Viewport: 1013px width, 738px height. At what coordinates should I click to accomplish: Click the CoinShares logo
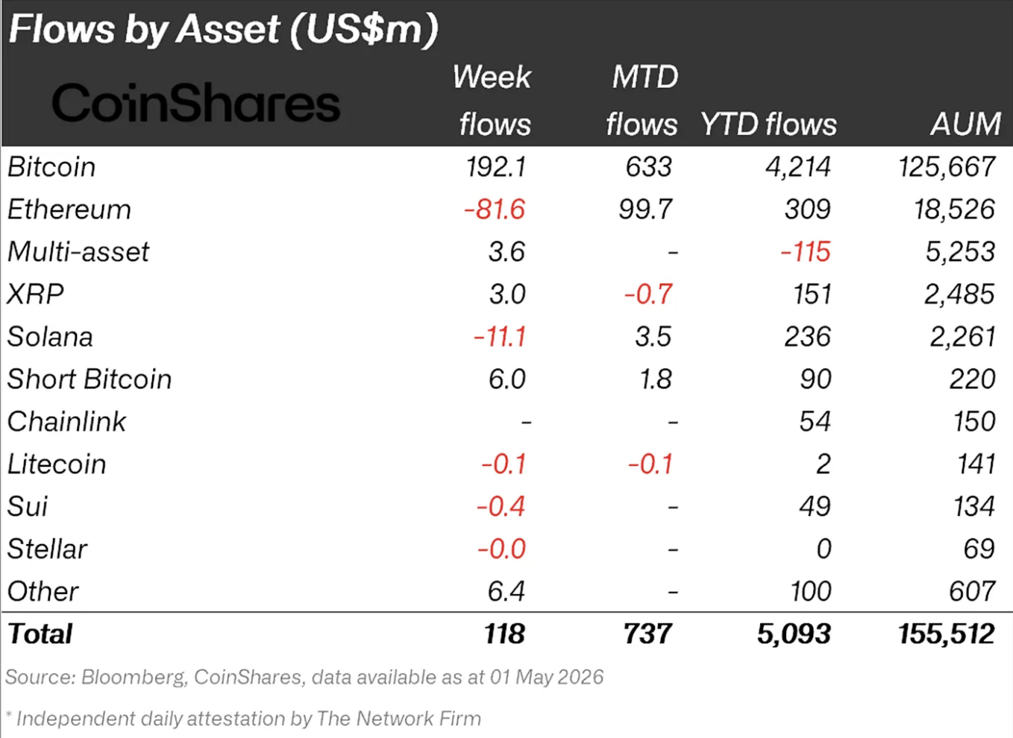click(x=196, y=103)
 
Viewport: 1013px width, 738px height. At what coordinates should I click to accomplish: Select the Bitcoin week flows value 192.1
click(x=496, y=167)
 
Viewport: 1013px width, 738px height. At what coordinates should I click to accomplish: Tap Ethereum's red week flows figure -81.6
click(x=495, y=209)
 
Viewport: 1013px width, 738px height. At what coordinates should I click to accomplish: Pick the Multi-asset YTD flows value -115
click(x=806, y=252)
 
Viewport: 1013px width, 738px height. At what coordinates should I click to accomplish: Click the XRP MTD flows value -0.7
click(x=648, y=294)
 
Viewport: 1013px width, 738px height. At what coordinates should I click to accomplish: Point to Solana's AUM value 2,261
click(x=962, y=337)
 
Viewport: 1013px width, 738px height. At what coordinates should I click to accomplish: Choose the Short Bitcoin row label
click(x=89, y=379)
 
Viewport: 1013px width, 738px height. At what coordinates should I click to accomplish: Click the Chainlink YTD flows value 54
click(x=815, y=421)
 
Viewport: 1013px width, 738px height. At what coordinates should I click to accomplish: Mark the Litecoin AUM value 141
click(x=976, y=464)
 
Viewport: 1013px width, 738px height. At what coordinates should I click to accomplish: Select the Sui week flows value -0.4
click(x=501, y=506)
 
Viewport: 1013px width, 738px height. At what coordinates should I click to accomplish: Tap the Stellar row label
click(x=47, y=549)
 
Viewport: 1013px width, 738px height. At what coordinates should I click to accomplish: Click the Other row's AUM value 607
click(x=972, y=591)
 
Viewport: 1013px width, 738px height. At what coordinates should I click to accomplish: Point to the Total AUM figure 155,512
click(x=947, y=634)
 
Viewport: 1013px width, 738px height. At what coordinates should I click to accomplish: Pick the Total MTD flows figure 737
click(x=647, y=634)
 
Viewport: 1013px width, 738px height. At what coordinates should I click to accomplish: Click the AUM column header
click(x=965, y=124)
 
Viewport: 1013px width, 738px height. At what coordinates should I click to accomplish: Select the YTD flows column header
click(x=768, y=124)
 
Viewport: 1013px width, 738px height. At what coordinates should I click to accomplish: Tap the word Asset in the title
click(x=228, y=28)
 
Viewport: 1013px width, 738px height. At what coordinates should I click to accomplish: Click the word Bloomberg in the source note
click(x=134, y=678)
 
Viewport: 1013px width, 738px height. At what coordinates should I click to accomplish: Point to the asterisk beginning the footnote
click(x=9, y=714)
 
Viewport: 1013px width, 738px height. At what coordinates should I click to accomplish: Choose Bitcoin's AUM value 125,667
click(x=947, y=167)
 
